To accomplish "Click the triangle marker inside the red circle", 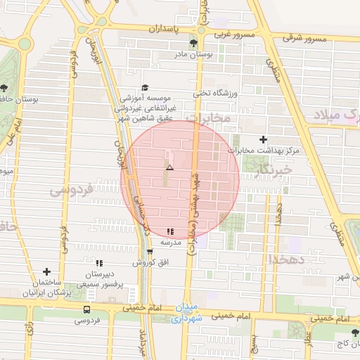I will (169, 167).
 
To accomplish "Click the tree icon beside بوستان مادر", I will (193, 43).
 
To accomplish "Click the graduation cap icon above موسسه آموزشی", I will (145, 87).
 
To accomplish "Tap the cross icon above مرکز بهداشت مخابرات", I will (264, 140).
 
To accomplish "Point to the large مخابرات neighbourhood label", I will (210, 119).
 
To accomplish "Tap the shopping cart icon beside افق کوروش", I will (150, 251).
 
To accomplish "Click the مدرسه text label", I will (172, 242).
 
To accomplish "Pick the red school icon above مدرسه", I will (170, 231).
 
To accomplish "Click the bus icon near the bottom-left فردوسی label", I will (86, 309).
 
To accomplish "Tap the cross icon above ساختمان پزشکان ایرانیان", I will (47, 271).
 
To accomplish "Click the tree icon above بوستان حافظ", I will (4, 88).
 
